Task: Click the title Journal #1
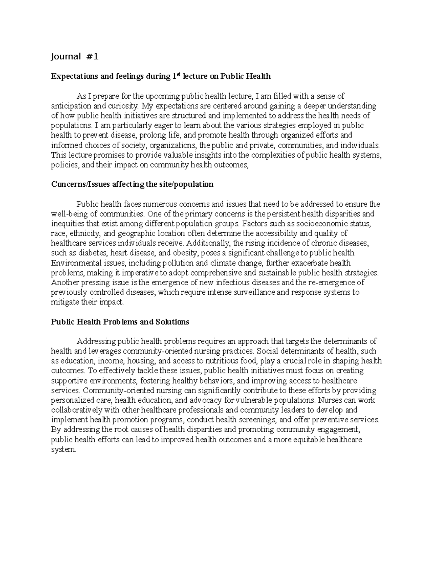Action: click(x=75, y=57)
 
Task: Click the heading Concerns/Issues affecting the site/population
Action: click(x=132, y=184)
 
